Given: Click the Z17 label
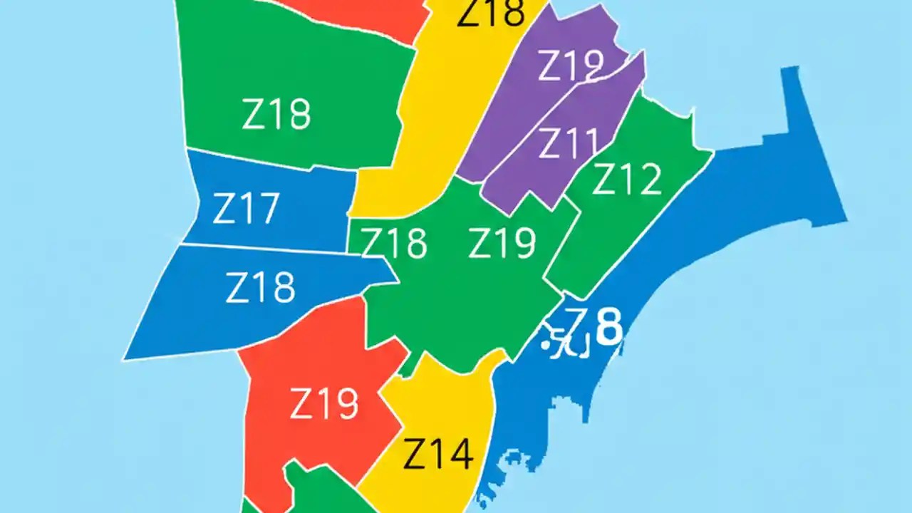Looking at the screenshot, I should (246, 209).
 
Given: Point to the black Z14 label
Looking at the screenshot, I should (438, 454).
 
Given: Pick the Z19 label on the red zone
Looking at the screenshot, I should (324, 404).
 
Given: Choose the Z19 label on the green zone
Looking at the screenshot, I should (502, 244).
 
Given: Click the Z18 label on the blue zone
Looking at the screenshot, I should (260, 288).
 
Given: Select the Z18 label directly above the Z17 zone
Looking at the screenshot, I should (276, 114).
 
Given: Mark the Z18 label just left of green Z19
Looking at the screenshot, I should (394, 243).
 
